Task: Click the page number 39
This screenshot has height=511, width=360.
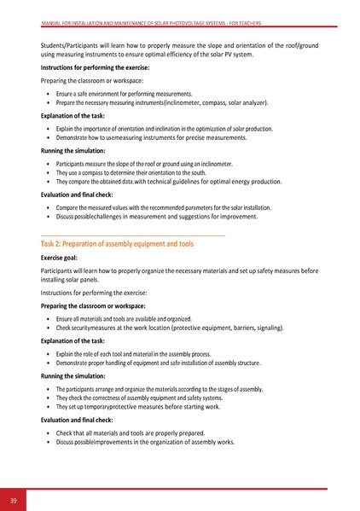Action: (x=14, y=499)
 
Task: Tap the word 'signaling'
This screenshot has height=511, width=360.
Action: (x=314, y=328)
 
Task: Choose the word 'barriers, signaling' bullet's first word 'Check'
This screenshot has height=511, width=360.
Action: (x=64, y=328)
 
